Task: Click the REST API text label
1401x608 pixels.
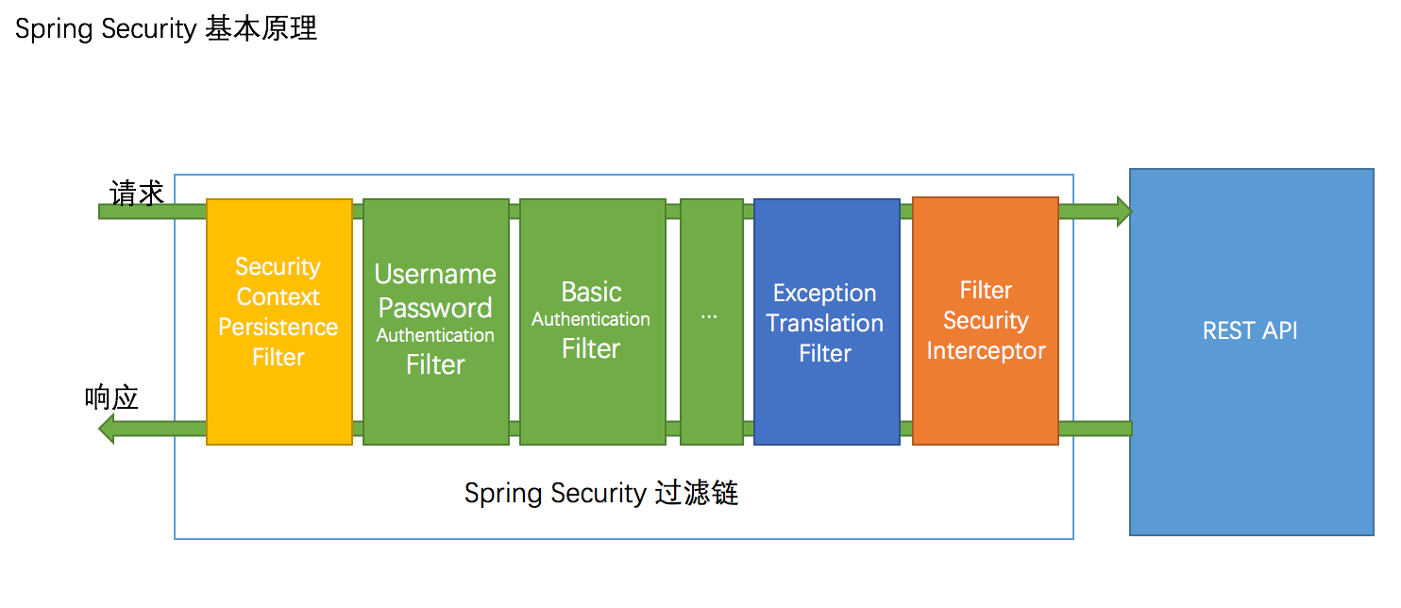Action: click(1250, 331)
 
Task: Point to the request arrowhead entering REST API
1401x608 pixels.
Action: click(1123, 211)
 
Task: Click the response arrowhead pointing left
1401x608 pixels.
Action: click(107, 430)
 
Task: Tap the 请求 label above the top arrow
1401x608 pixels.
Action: click(138, 194)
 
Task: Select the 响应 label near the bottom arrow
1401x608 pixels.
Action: click(111, 397)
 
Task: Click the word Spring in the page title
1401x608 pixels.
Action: click(48, 30)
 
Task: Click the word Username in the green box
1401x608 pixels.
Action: click(435, 275)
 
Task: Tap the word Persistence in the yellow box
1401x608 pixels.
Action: click(279, 328)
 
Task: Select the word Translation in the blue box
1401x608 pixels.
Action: click(825, 324)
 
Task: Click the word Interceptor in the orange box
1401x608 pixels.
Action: click(986, 351)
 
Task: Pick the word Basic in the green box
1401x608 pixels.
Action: click(591, 292)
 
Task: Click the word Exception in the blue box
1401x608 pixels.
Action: click(825, 294)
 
